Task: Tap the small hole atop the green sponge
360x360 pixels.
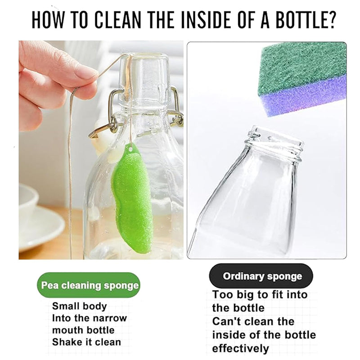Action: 130,149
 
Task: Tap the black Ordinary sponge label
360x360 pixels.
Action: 261,276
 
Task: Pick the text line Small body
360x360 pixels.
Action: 80,306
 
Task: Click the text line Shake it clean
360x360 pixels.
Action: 86,342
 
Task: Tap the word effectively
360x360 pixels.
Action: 240,348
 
